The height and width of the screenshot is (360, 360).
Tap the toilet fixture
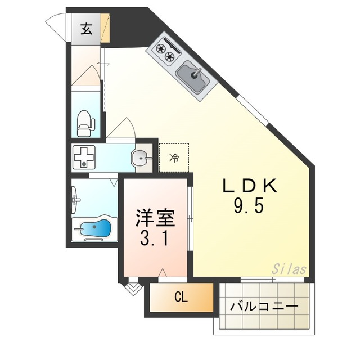coord(85,124)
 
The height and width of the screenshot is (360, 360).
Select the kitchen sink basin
coord(193,77)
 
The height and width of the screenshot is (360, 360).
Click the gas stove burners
coord(165,52)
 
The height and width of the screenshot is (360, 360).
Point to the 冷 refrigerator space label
coord(174,157)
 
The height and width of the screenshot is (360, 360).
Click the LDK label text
coord(250,186)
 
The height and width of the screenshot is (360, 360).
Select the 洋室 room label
coord(155,218)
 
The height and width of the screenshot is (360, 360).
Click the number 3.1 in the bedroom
coord(155,237)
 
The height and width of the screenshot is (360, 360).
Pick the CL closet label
coord(181,298)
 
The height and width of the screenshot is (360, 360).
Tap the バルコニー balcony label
coord(264,307)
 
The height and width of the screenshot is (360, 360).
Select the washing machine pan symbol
coord(84,157)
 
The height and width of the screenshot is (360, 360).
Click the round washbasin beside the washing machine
coord(140,158)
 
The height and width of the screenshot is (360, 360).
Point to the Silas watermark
coord(289,269)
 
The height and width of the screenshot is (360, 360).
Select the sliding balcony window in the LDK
coord(272,280)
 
